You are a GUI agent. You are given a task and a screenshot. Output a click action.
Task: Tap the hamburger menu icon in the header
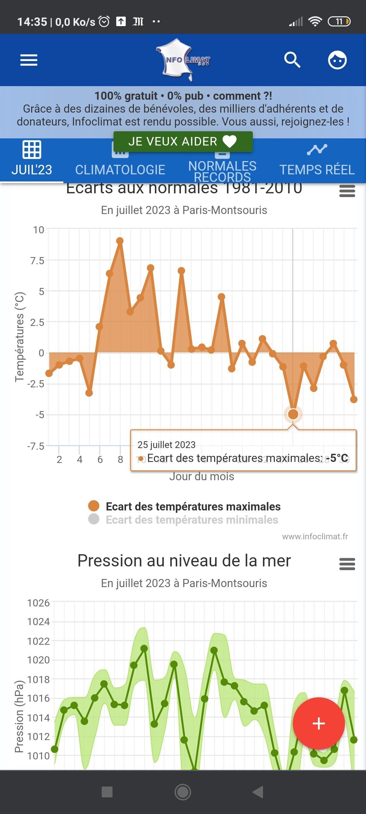(x=29, y=60)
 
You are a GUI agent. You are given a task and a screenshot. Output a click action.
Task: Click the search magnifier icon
(x=292, y=60)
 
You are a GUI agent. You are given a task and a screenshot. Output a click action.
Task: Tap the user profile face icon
(x=337, y=60)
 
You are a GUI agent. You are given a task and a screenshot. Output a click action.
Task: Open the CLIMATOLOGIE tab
(x=120, y=169)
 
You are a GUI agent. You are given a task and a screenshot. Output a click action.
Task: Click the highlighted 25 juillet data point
(x=293, y=414)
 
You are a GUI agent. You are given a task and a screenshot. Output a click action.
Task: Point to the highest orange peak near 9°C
(x=120, y=241)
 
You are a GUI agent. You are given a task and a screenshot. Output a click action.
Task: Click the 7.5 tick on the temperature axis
(x=37, y=261)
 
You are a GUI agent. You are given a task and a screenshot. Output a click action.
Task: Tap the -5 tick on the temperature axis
(x=40, y=415)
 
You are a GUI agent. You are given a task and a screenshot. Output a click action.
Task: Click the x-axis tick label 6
(x=100, y=460)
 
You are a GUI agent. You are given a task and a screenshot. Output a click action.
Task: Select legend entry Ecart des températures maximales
(x=193, y=506)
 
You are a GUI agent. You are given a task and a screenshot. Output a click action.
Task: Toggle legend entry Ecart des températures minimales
(x=191, y=520)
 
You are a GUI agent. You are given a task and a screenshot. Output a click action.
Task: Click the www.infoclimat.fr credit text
(x=315, y=536)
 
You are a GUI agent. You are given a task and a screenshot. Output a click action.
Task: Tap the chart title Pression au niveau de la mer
(x=184, y=561)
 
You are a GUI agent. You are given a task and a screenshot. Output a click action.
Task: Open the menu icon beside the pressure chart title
(x=347, y=564)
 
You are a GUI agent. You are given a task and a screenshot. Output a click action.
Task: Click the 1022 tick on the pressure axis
(x=38, y=641)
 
